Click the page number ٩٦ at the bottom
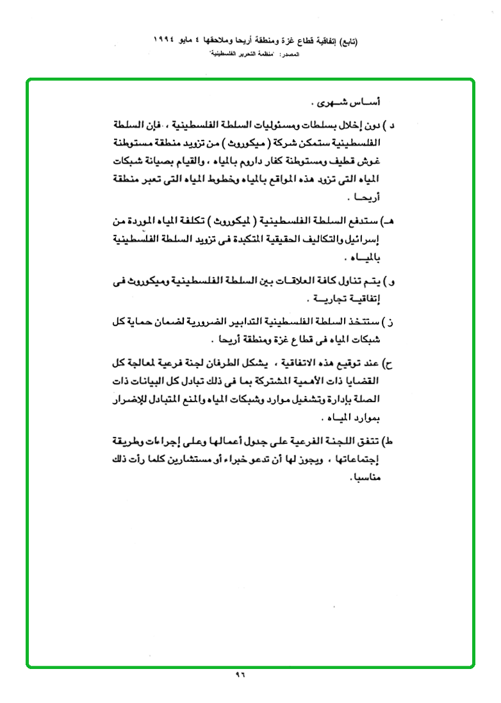241,675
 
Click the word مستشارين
194,460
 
